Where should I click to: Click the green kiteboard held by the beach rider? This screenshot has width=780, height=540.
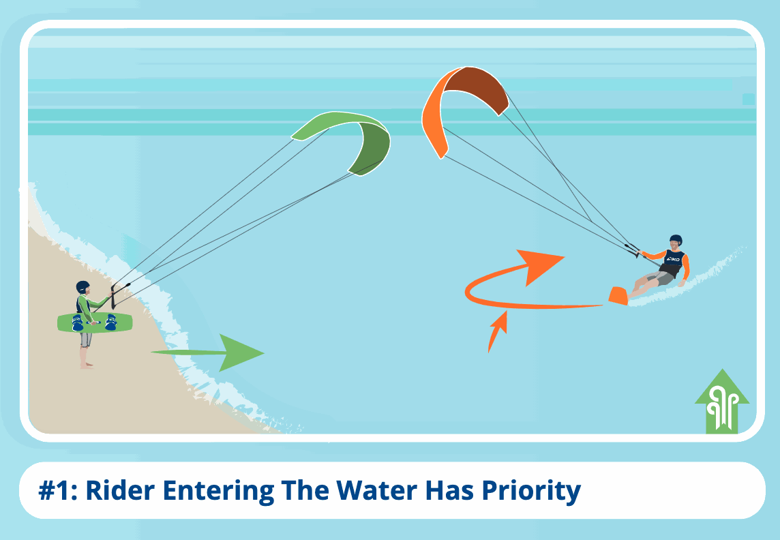(95, 322)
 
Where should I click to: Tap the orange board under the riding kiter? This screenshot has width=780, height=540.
(618, 296)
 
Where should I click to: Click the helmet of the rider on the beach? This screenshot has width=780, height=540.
(82, 287)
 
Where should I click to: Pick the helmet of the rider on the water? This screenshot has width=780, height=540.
(676, 240)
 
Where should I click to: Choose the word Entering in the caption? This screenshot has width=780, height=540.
(218, 492)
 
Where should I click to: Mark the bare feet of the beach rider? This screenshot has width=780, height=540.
(87, 365)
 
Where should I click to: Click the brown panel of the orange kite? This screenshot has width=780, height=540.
(476, 89)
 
